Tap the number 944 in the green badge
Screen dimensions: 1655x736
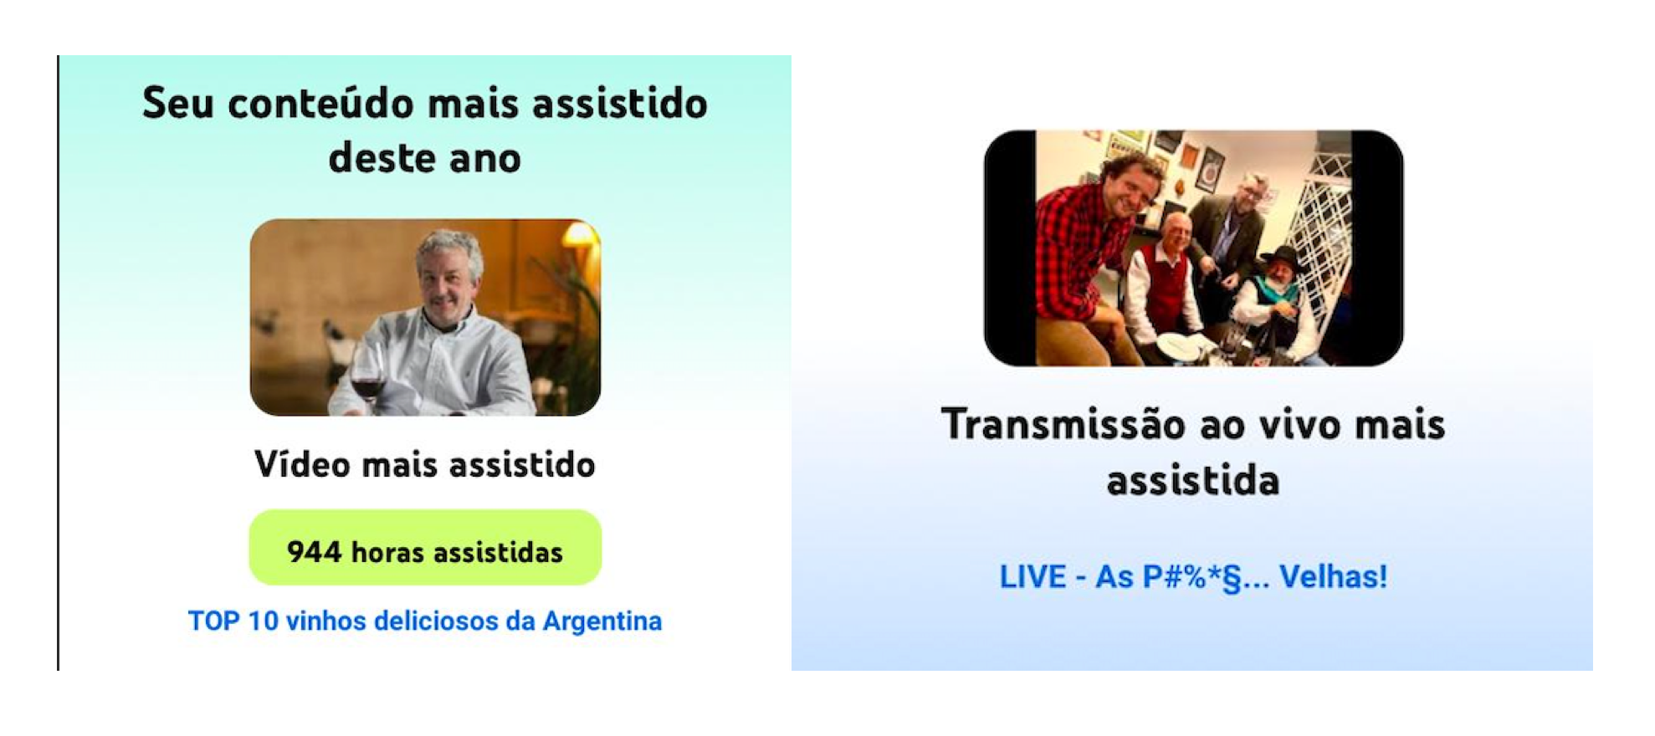click(314, 552)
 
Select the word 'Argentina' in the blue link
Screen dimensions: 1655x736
click(602, 621)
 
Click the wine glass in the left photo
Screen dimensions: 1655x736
click(366, 378)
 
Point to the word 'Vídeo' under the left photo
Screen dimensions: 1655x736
click(302, 464)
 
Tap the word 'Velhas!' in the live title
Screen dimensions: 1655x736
click(1333, 576)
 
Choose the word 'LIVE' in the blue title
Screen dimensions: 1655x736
click(1032, 576)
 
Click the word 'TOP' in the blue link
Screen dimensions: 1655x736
click(213, 621)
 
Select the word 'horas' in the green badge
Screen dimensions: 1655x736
click(387, 552)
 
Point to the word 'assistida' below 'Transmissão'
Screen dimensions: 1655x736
click(1193, 481)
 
